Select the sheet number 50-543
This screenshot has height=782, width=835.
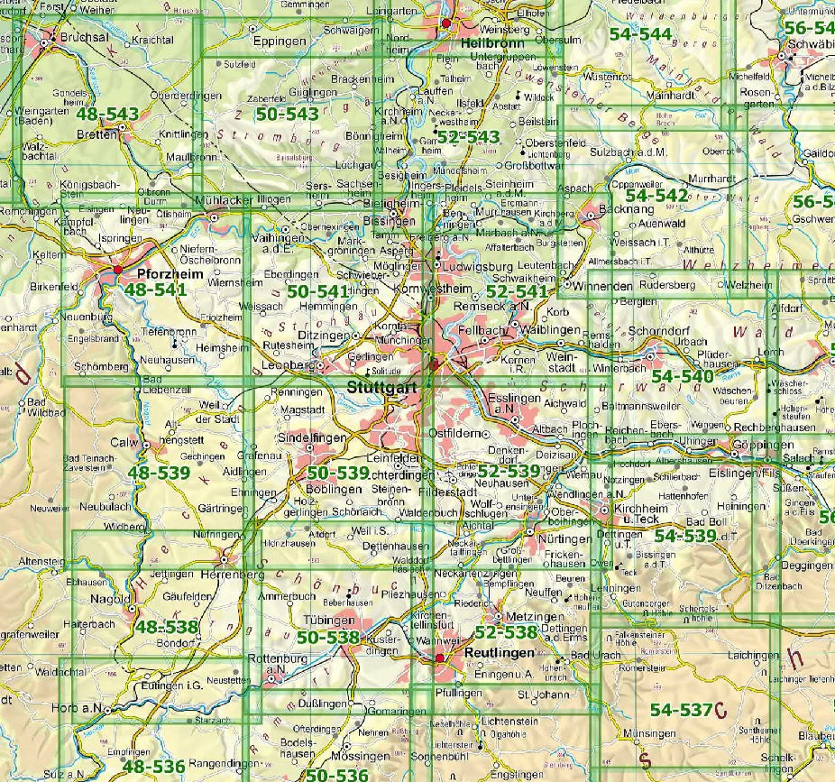[x=288, y=114]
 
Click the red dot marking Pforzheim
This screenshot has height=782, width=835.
[x=117, y=269]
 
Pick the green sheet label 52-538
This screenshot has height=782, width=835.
[x=506, y=632]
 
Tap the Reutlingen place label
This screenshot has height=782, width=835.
[x=500, y=651]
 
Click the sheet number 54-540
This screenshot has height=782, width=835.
[x=683, y=375]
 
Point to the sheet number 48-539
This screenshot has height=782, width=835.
[x=160, y=472]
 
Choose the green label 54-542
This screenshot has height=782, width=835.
[x=656, y=195]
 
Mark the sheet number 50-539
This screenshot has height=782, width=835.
[x=337, y=473]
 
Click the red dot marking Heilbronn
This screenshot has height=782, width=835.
[x=445, y=23]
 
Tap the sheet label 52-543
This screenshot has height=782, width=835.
[x=468, y=135]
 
